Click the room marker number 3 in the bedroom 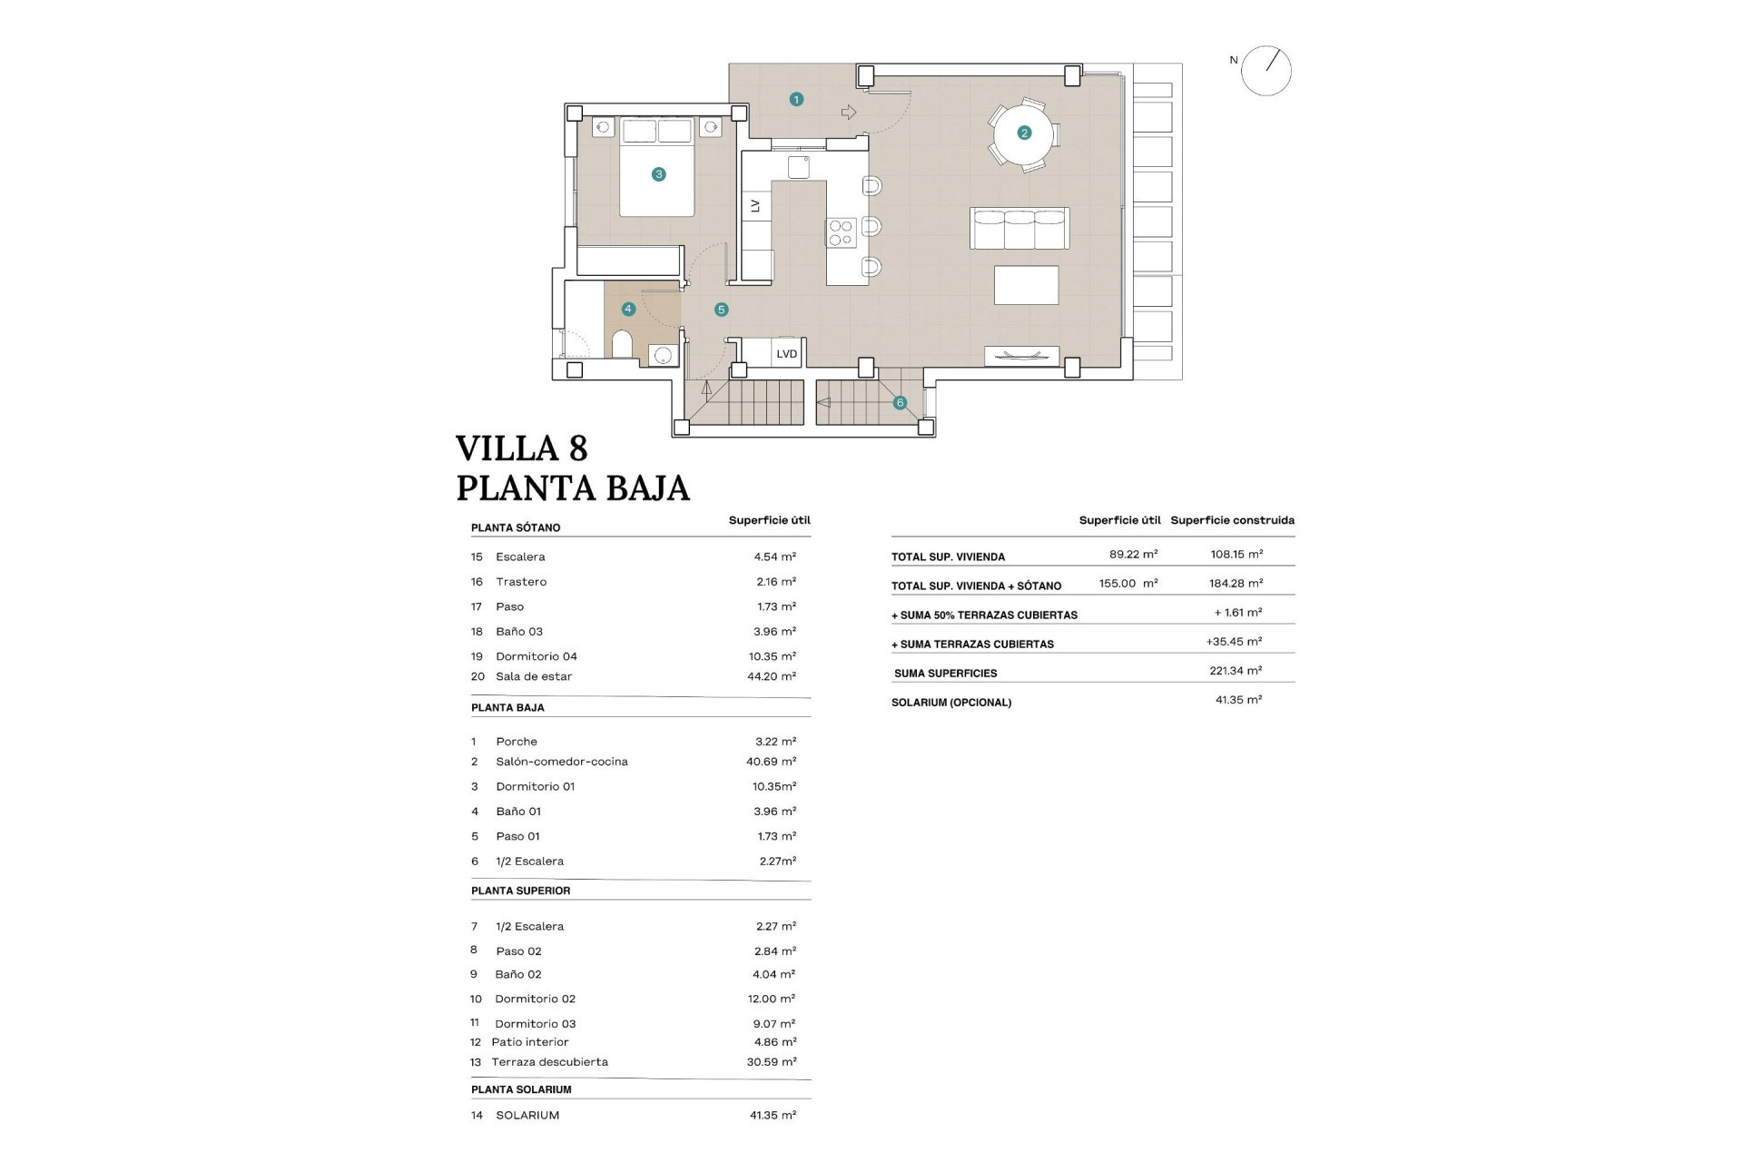point(658,174)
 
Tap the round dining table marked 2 point(1024,133)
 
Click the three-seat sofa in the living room point(1019,229)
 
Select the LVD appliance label point(786,354)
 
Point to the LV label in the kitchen point(755,206)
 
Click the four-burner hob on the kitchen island point(841,232)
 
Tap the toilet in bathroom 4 point(622,344)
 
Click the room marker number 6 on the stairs point(900,403)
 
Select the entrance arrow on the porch point(849,113)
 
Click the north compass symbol point(1265,71)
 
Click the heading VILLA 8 point(522,448)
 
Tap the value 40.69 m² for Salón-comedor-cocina point(771,762)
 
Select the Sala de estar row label point(534,676)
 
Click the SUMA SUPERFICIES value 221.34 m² point(1236,671)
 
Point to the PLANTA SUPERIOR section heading point(520,891)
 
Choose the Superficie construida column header point(1232,520)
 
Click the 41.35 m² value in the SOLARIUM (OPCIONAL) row point(1238,700)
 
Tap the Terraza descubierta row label point(549,1062)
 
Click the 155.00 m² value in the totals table point(1128,584)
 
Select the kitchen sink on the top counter point(798,167)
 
